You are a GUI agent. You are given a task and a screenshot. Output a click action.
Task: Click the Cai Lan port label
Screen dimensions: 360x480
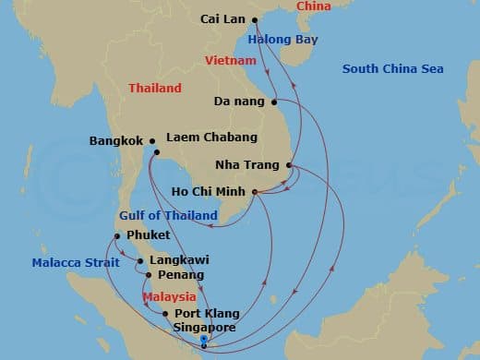point(222,18)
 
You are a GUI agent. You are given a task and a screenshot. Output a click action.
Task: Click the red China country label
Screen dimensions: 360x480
point(312,6)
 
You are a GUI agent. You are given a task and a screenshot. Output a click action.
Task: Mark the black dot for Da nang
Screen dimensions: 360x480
point(274,101)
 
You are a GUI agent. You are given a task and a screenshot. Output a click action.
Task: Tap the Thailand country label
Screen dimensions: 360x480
point(154,89)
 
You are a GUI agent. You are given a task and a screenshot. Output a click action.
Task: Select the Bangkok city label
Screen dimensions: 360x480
point(115,141)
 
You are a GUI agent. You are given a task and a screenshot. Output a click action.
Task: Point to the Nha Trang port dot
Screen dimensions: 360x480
point(290,166)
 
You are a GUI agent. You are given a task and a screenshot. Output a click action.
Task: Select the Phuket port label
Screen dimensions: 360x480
point(148,236)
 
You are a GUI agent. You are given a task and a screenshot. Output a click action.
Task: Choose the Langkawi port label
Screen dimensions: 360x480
point(176,261)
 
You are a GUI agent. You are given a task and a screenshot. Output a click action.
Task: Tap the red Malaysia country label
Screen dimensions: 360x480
point(169,296)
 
